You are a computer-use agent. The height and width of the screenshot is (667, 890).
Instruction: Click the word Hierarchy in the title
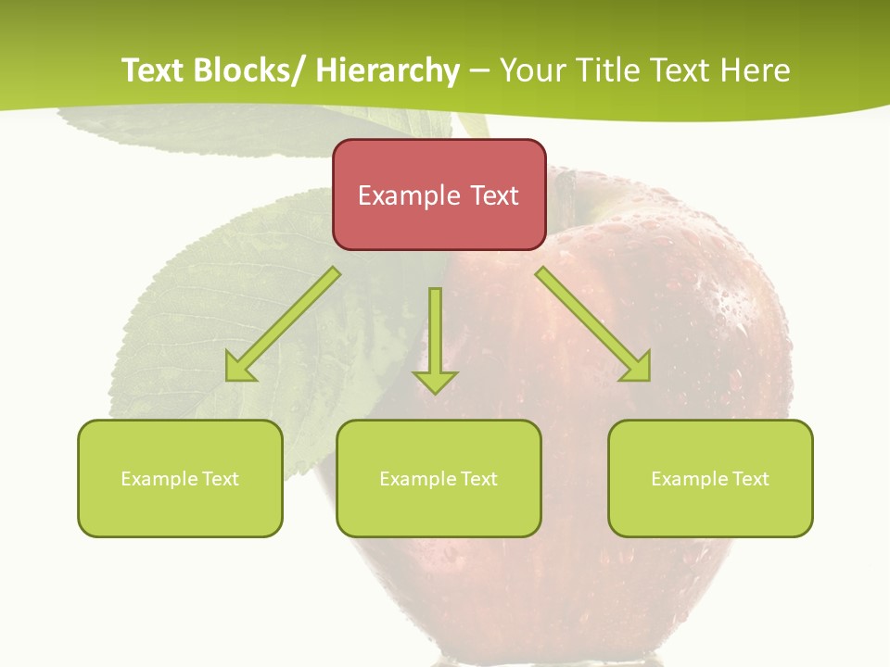click(388, 70)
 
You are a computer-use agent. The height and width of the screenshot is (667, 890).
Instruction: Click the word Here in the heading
click(755, 70)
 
